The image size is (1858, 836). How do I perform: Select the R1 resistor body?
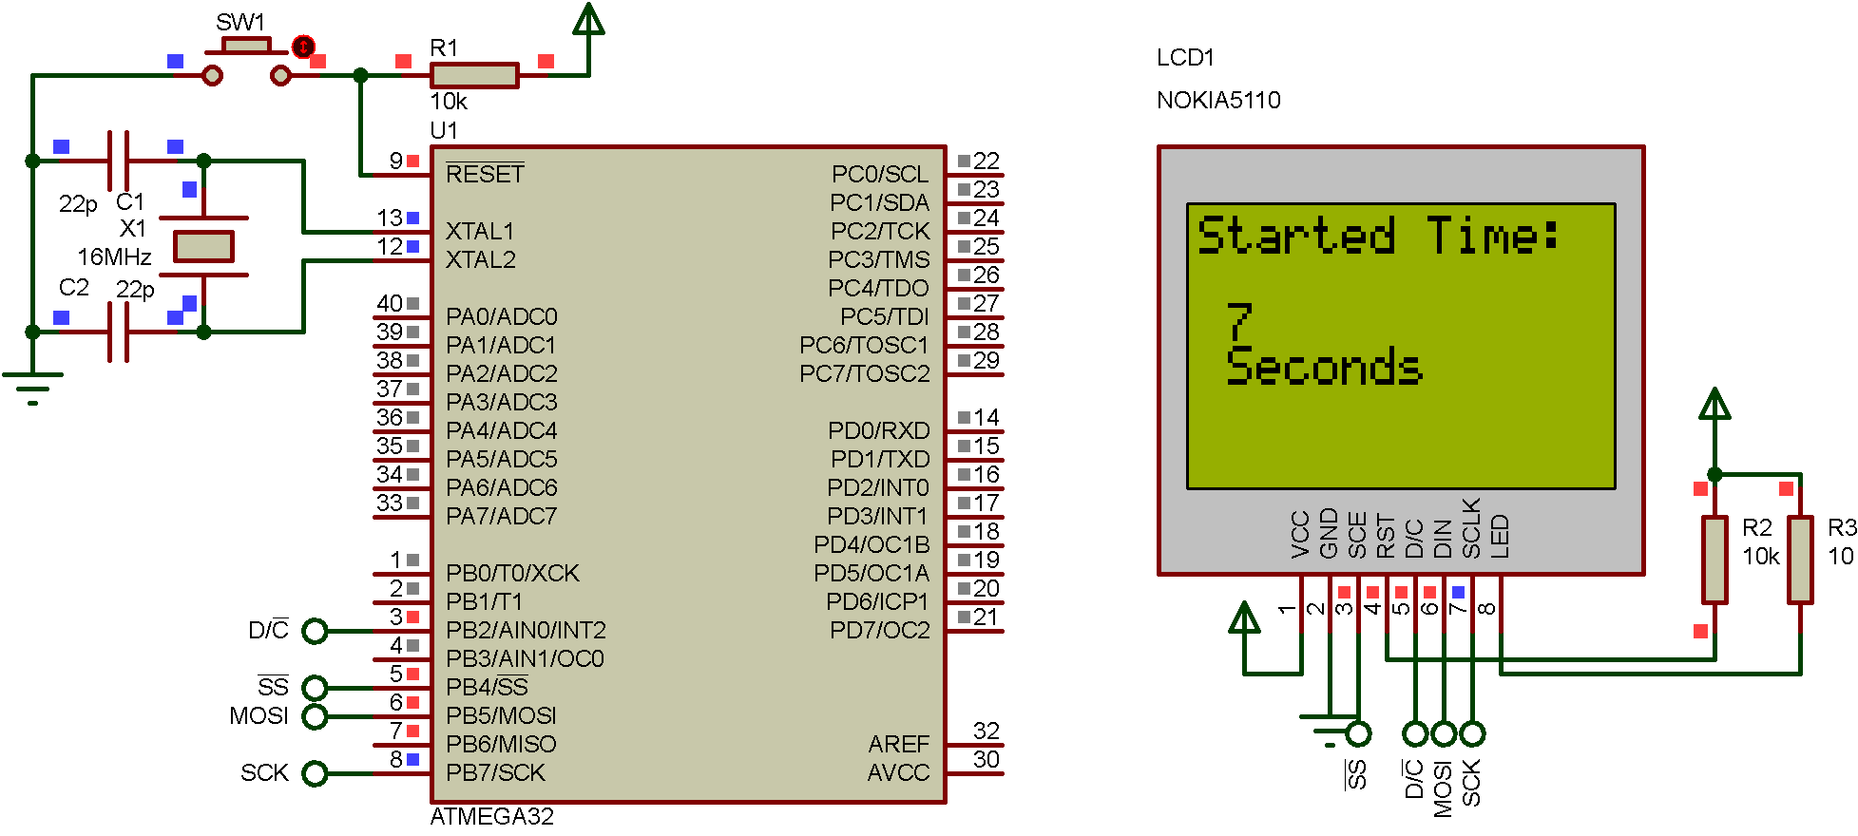point(474,75)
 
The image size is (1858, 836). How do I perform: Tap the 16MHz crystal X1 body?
point(203,246)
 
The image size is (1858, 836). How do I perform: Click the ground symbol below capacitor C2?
point(33,385)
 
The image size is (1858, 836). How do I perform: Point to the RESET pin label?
point(485,174)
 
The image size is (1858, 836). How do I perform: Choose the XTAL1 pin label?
point(480,231)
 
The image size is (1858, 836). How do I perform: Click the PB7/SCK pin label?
point(496,772)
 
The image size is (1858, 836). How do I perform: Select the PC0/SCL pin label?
point(879,174)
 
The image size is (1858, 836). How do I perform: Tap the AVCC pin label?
point(898,772)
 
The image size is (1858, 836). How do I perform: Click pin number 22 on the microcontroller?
point(986,161)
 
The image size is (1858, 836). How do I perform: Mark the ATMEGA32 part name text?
point(491,817)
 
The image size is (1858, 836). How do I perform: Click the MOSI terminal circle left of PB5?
point(315,716)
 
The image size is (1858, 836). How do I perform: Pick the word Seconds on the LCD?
point(1324,367)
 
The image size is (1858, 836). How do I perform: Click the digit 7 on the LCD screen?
point(1239,322)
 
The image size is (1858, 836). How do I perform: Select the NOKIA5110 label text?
point(1218,100)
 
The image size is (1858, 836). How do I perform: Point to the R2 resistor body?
point(1714,560)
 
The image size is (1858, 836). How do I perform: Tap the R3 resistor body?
point(1800,560)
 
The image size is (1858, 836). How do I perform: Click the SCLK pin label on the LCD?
point(1471,528)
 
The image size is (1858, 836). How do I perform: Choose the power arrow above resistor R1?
point(588,21)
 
